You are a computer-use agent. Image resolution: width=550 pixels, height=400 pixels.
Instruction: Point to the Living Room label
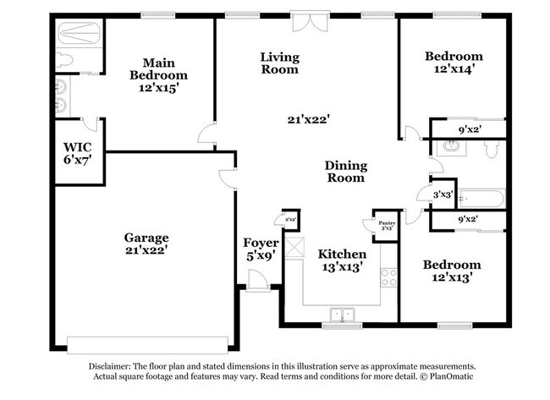[x=279, y=63]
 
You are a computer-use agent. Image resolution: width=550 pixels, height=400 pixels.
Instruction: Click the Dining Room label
[x=344, y=172]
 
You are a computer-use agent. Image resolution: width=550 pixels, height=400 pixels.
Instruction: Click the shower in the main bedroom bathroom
[x=79, y=35]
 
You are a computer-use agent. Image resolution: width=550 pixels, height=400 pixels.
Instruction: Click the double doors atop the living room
[x=305, y=21]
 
